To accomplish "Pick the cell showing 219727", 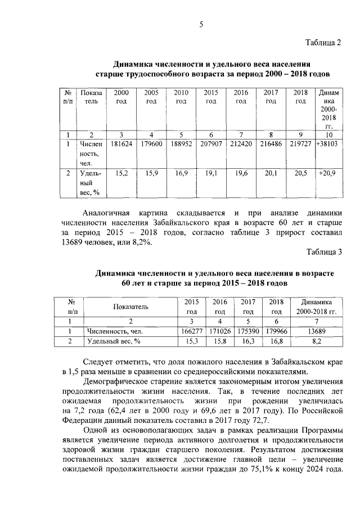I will [x=301, y=144].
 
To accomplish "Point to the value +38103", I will [x=327, y=144].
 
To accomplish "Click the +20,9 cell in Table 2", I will [x=327, y=174].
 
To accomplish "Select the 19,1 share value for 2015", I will [x=211, y=174].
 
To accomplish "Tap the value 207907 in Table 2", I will [x=211, y=144].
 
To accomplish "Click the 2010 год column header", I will [x=181, y=97].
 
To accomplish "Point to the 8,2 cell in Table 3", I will [x=316, y=341].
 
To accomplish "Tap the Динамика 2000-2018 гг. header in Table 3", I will [x=316, y=307].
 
